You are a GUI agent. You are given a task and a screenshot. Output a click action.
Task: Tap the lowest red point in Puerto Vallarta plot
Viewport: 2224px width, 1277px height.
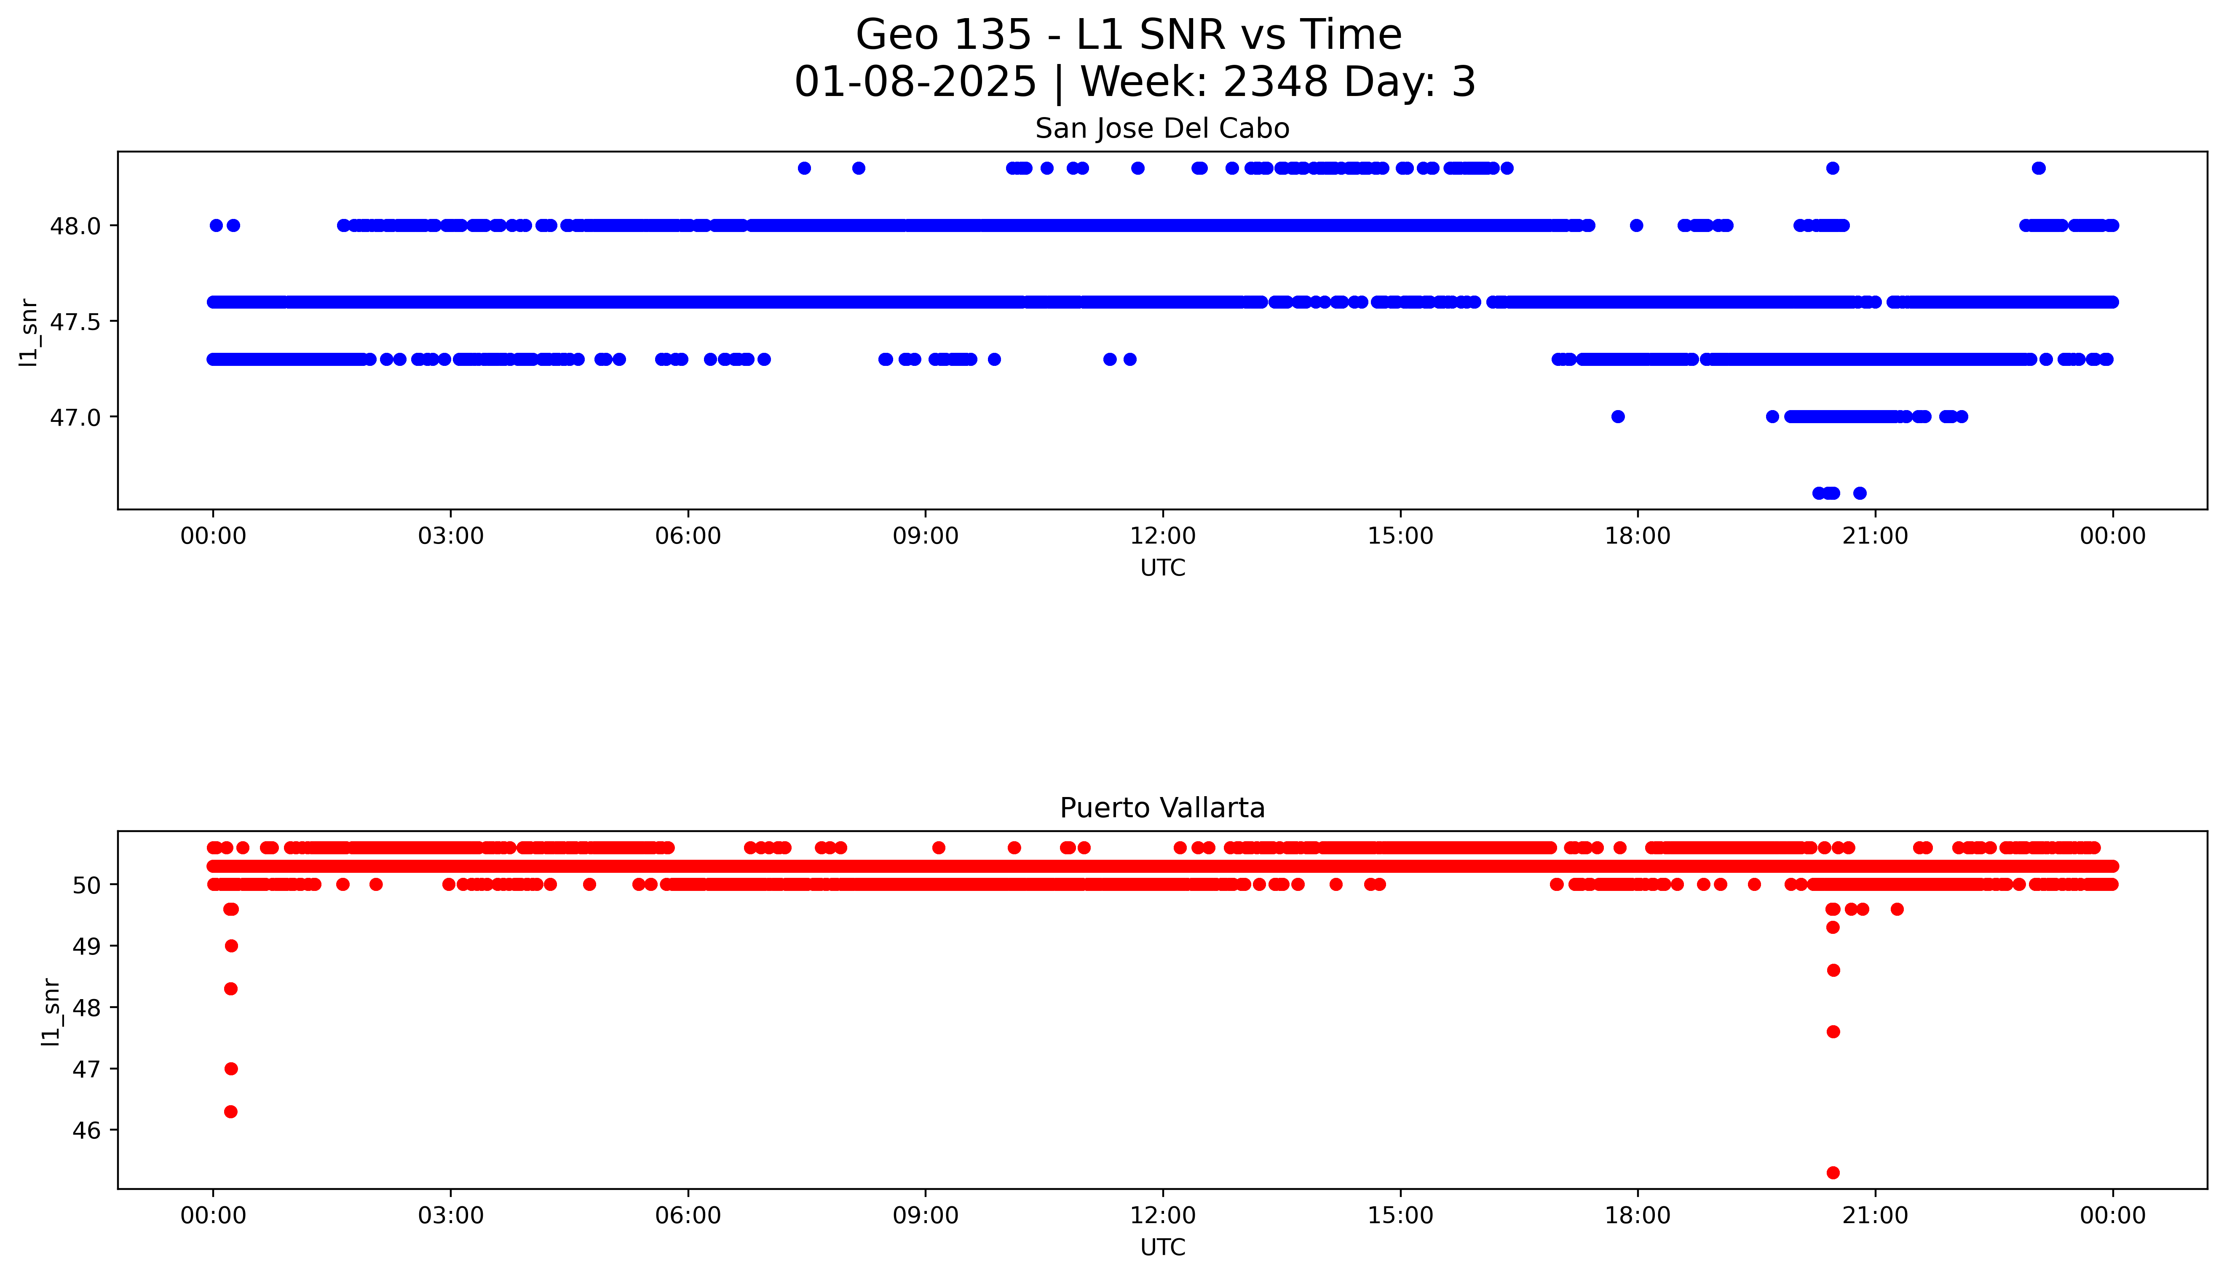[1833, 1173]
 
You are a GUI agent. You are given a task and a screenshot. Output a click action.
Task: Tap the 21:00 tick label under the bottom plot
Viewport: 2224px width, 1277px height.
[1875, 1216]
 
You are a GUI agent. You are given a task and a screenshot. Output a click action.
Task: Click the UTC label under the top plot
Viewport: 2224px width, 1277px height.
[1162, 568]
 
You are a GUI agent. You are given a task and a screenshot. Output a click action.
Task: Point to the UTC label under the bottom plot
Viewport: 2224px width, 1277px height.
[1162, 1247]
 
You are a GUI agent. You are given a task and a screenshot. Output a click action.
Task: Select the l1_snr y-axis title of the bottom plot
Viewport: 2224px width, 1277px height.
[52, 1011]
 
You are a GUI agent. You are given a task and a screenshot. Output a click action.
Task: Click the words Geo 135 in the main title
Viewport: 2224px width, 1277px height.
[943, 35]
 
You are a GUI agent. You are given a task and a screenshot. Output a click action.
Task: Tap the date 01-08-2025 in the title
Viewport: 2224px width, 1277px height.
[915, 83]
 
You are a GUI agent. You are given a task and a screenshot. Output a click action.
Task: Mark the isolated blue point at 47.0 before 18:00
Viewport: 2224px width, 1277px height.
[1618, 416]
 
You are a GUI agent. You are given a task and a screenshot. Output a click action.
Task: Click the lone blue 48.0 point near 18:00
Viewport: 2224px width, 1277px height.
[1636, 225]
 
